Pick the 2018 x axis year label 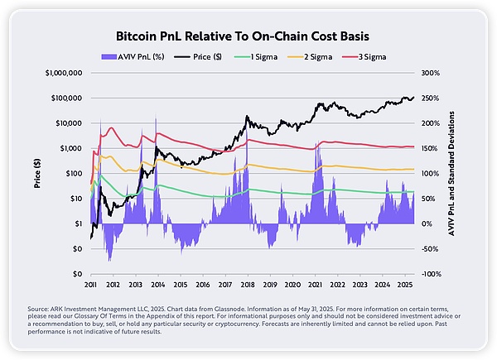(x=247, y=284)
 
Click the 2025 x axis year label (x=404, y=284)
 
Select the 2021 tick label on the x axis (x=315, y=284)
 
